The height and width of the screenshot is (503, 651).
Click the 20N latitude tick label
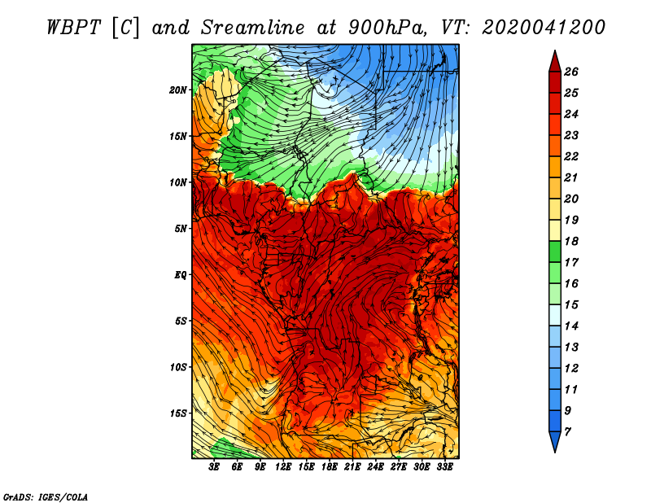177,90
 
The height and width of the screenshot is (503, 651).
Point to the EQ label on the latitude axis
180,275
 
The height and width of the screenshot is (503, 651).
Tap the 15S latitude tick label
177,413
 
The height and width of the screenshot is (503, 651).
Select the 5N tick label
181,229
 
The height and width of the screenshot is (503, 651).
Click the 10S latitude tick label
177,367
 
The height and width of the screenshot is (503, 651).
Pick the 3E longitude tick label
214,467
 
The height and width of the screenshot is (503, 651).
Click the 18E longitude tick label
330,467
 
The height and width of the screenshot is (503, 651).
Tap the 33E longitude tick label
444,467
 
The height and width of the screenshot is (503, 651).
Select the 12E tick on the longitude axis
283,467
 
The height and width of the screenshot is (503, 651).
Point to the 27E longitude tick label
399,467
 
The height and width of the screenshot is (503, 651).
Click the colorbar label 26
571,72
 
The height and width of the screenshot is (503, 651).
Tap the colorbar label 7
567,431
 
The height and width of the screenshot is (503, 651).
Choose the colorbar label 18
571,241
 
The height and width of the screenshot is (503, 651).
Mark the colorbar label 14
571,326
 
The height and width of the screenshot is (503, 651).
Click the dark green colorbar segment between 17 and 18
555,251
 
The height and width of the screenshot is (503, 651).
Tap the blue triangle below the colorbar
555,440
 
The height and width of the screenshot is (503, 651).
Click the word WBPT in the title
74,28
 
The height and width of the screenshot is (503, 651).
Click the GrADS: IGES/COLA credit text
46,497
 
